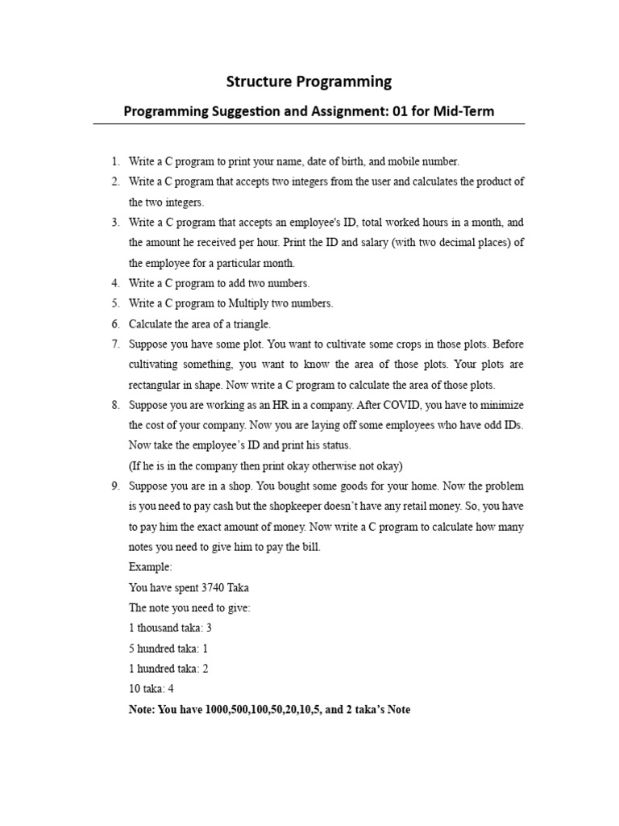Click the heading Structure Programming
coord(309,81)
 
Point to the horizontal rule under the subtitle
coord(309,124)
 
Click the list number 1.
coord(115,161)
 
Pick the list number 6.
coord(115,323)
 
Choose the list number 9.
coord(115,486)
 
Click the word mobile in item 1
coord(389,161)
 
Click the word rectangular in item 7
coord(156,385)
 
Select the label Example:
coord(150,567)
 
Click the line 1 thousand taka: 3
coord(170,628)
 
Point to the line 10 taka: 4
coord(151,689)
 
